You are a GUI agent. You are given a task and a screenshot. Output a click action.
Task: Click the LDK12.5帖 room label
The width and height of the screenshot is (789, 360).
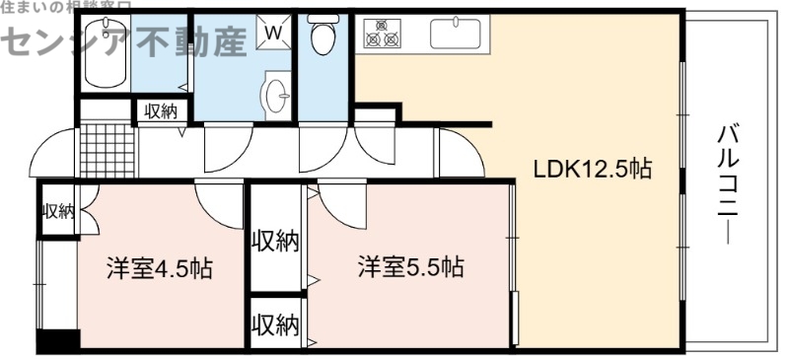click(x=592, y=169)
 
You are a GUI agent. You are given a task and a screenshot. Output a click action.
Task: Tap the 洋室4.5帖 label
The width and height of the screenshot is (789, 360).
click(x=162, y=268)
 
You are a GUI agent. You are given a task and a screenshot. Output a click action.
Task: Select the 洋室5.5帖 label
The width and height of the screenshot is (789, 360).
click(x=411, y=266)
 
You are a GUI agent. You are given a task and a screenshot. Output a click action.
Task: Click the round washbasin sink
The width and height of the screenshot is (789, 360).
click(x=277, y=95)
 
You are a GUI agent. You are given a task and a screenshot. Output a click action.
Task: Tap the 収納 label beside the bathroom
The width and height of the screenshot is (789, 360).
click(x=161, y=110)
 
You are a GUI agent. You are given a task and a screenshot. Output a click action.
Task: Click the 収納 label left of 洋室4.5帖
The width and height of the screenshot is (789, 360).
click(x=57, y=210)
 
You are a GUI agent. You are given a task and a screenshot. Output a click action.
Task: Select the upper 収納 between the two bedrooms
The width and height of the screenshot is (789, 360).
click(x=275, y=240)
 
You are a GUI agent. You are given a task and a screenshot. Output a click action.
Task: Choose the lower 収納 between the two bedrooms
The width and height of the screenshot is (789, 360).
click(x=275, y=324)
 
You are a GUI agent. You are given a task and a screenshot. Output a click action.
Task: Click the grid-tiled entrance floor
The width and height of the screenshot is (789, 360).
click(x=105, y=150)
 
